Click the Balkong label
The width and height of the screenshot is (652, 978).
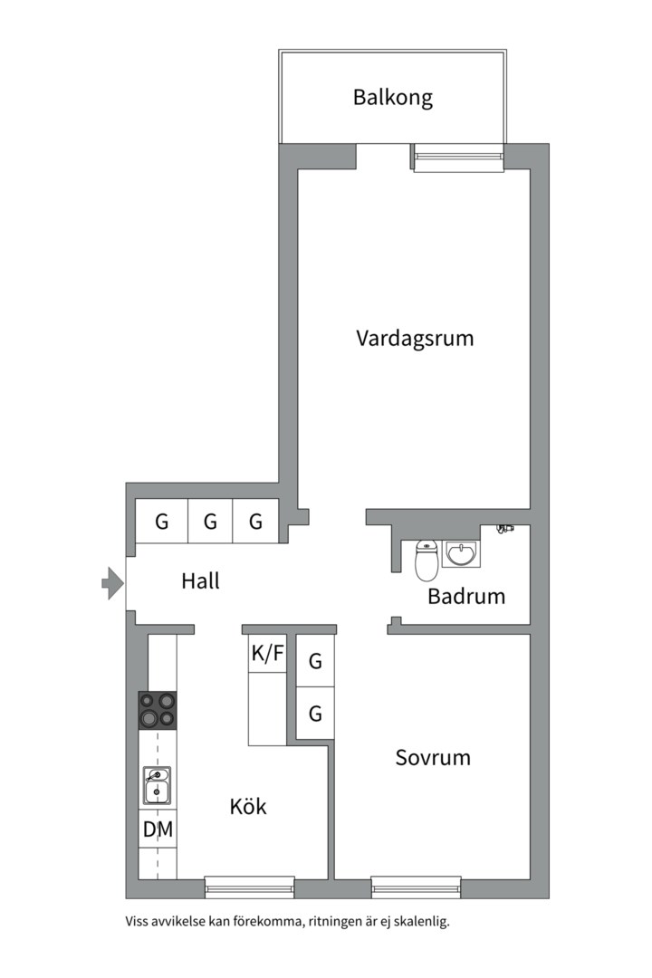click(392, 98)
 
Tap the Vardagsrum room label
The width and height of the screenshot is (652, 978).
click(415, 338)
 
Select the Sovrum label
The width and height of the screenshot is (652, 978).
click(433, 758)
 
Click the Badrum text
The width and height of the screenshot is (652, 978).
click(466, 596)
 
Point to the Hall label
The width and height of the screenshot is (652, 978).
click(200, 581)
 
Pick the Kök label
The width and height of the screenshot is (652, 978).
click(248, 806)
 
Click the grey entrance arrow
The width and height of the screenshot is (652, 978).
click(113, 583)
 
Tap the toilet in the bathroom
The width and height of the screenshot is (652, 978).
click(427, 561)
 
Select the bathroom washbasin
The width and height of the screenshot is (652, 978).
click(461, 554)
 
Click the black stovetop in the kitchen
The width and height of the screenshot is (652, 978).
click(158, 711)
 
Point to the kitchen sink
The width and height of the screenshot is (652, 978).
click(157, 785)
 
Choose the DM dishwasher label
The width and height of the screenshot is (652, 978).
click(158, 829)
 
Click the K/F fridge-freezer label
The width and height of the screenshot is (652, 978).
click(268, 653)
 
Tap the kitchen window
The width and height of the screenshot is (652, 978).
click(250, 887)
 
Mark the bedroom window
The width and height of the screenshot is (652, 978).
click(417, 887)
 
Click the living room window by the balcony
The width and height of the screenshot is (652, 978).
click(458, 158)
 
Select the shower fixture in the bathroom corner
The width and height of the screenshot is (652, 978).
click(504, 529)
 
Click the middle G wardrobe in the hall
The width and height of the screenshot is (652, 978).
click(210, 522)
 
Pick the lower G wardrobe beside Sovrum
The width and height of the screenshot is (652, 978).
click(315, 713)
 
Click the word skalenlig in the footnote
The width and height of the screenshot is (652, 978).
click(424, 921)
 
